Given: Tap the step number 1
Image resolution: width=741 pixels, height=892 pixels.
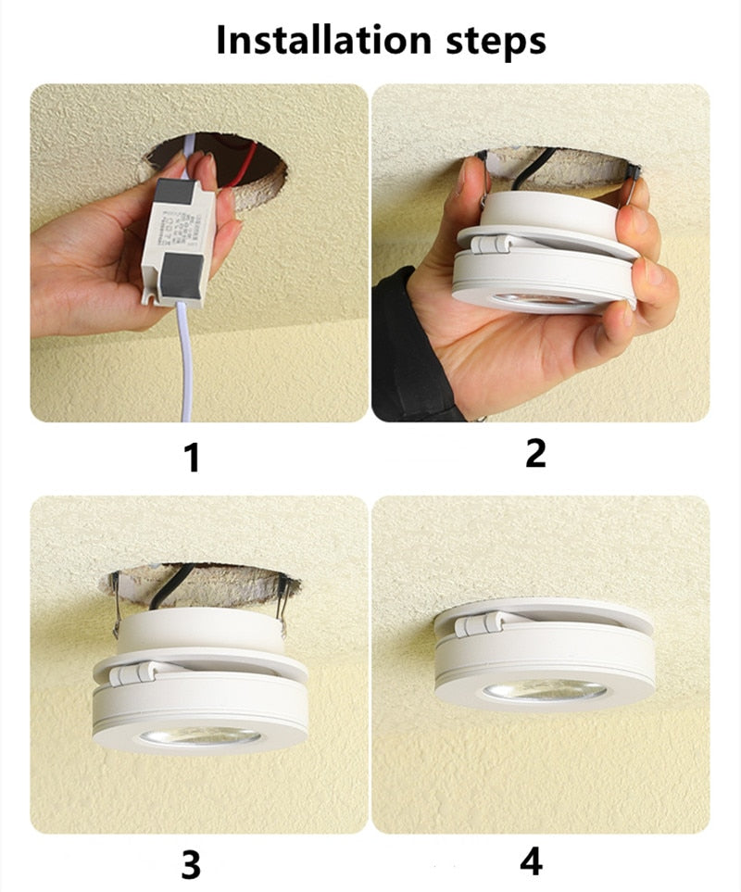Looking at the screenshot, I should point(193,457).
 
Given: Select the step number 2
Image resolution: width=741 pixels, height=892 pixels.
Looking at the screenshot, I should point(535,453).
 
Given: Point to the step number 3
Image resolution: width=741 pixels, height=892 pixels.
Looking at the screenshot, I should point(190,864).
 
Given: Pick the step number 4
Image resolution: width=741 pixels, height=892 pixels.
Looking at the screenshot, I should point(530,861).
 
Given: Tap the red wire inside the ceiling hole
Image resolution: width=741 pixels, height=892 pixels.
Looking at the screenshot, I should point(243,163).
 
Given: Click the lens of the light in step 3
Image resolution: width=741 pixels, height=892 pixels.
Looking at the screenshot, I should point(200,736).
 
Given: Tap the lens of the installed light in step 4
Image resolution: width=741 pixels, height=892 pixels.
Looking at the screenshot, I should point(544,691).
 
